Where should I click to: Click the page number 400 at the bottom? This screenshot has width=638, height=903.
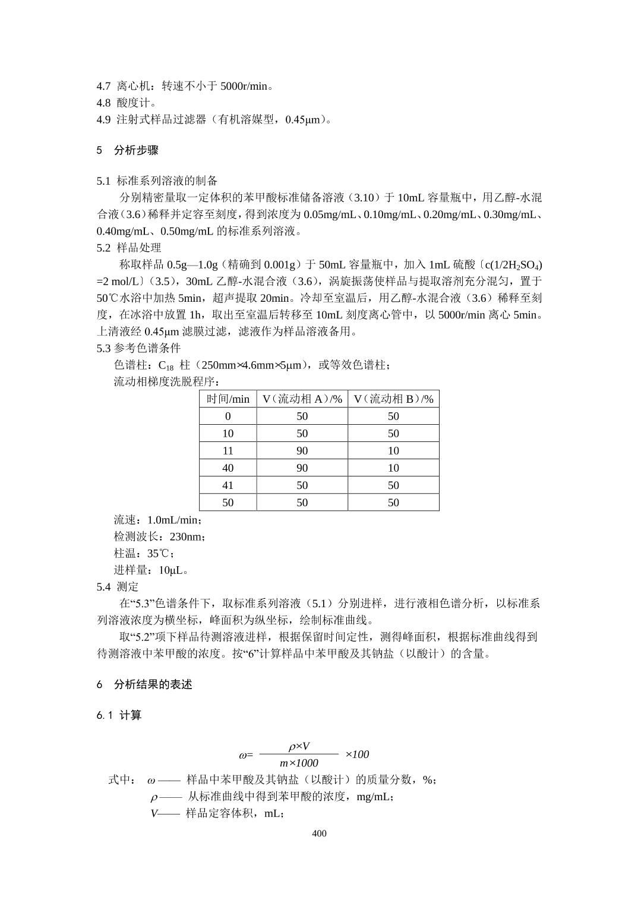point(319,833)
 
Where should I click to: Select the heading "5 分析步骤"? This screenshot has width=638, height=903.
point(127,150)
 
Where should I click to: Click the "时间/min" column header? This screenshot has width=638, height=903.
point(228,399)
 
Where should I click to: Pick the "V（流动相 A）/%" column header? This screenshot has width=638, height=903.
point(302,399)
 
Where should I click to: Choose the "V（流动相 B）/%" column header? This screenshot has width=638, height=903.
point(393,399)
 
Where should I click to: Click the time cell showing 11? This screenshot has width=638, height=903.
point(228,451)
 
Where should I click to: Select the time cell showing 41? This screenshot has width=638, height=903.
point(228,485)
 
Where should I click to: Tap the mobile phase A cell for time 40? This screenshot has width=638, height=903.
point(302,468)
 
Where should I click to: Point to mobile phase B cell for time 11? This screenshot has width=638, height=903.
point(393,451)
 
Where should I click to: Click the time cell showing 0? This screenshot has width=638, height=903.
point(228,416)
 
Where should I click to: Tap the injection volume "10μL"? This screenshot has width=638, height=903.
point(173,570)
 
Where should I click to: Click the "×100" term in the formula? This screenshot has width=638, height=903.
point(357,754)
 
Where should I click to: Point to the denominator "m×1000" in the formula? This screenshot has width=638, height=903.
point(299,763)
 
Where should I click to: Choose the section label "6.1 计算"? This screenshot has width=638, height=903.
point(119,715)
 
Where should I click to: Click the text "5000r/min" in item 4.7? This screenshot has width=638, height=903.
point(244,86)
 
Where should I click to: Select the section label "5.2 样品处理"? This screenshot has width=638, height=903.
point(129,248)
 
